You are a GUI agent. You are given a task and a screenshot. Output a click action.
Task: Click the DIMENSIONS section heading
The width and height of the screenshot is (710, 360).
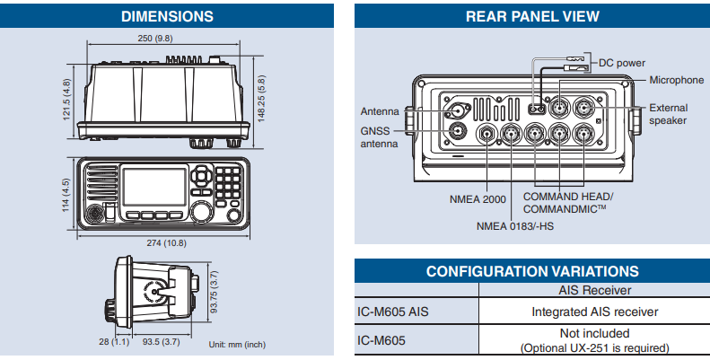(167, 16)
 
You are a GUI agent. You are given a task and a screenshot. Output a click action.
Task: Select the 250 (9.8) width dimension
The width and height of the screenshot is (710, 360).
(155, 39)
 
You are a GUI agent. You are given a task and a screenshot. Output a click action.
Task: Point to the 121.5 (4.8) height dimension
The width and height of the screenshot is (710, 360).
(66, 100)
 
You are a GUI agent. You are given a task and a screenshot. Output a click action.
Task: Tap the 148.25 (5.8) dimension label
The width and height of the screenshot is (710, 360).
(261, 98)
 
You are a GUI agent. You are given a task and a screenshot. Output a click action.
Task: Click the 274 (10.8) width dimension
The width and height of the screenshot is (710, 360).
(166, 243)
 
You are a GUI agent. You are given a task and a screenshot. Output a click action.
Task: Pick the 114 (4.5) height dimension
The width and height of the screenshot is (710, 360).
(66, 195)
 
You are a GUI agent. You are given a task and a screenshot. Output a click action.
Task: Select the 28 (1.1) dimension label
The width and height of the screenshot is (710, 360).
(114, 341)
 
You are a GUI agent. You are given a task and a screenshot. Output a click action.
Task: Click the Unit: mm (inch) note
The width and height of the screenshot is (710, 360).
(237, 345)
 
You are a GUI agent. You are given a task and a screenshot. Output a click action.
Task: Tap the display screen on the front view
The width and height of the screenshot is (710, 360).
(154, 187)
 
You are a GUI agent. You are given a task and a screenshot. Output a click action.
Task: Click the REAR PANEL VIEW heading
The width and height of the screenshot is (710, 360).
(532, 16)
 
